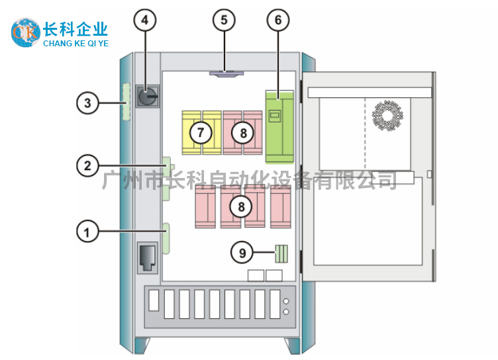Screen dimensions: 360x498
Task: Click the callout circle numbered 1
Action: (x=87, y=232)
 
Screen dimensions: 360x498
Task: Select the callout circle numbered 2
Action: (x=87, y=165)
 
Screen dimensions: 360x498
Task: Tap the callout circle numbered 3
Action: (x=87, y=103)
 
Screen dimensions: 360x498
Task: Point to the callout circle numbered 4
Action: (x=146, y=21)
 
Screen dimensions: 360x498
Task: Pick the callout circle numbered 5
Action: (x=224, y=21)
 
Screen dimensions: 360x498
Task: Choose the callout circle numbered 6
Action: (x=278, y=21)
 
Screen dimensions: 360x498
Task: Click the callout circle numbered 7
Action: (x=201, y=132)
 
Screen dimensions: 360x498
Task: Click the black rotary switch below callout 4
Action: (x=146, y=97)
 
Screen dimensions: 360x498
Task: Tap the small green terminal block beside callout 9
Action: (x=281, y=253)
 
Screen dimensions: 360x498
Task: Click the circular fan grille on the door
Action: (x=387, y=114)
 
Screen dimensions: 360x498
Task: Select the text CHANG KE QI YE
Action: (x=75, y=44)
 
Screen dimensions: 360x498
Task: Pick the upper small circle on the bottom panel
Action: (x=286, y=300)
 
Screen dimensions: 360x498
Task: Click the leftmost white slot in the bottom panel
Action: (x=154, y=301)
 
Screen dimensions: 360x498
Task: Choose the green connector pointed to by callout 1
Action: (x=167, y=238)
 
